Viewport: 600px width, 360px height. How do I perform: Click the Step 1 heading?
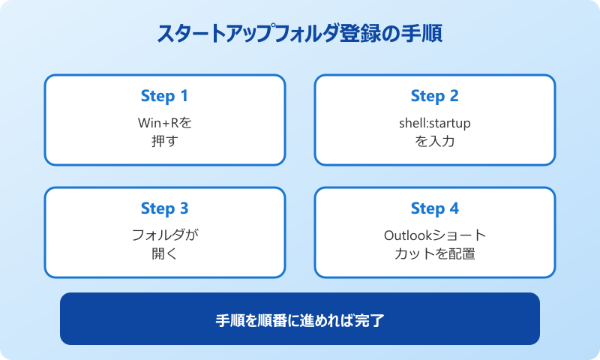[164, 96]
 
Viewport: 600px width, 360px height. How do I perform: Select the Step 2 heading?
[434, 96]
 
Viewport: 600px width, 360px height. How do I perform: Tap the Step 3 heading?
[164, 208]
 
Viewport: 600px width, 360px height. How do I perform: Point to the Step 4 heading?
[434, 208]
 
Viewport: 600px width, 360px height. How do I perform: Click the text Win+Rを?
[164, 121]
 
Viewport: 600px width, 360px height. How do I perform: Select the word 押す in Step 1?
[164, 140]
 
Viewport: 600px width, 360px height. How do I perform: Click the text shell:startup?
[434, 121]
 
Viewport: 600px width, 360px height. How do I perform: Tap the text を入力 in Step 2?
[434, 140]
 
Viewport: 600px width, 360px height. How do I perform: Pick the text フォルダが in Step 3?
[164, 234]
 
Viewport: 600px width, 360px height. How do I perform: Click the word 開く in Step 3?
[164, 253]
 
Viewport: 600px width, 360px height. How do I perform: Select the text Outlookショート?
[434, 234]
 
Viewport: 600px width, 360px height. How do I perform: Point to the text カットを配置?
[434, 253]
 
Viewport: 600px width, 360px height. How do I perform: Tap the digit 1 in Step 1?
[184, 96]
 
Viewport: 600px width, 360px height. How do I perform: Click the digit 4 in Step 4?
[454, 208]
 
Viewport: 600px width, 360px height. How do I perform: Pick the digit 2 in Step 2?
[454, 96]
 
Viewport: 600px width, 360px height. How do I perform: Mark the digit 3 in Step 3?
[184, 208]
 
